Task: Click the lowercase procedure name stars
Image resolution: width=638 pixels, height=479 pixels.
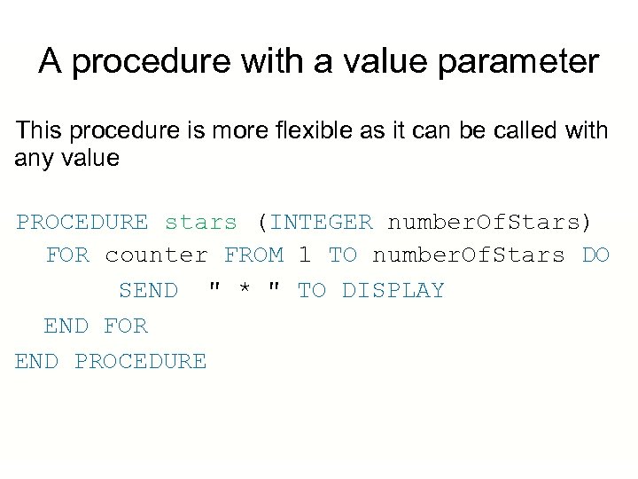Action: [x=201, y=221]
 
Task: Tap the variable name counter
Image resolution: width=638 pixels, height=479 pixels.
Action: [x=157, y=255]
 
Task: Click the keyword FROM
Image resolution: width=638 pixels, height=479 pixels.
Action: [x=254, y=255]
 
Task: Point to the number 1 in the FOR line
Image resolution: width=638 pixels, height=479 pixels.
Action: [x=305, y=255]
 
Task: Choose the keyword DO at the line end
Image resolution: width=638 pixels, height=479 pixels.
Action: [x=595, y=255]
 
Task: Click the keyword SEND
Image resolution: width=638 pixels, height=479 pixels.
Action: [x=148, y=291]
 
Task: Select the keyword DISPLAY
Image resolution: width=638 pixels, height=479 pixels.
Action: [x=393, y=291]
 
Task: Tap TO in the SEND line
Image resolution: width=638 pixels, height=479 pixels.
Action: [x=312, y=291]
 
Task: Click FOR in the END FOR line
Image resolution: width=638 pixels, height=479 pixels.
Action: [x=126, y=326]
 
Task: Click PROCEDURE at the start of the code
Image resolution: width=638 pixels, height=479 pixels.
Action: [x=82, y=221]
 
